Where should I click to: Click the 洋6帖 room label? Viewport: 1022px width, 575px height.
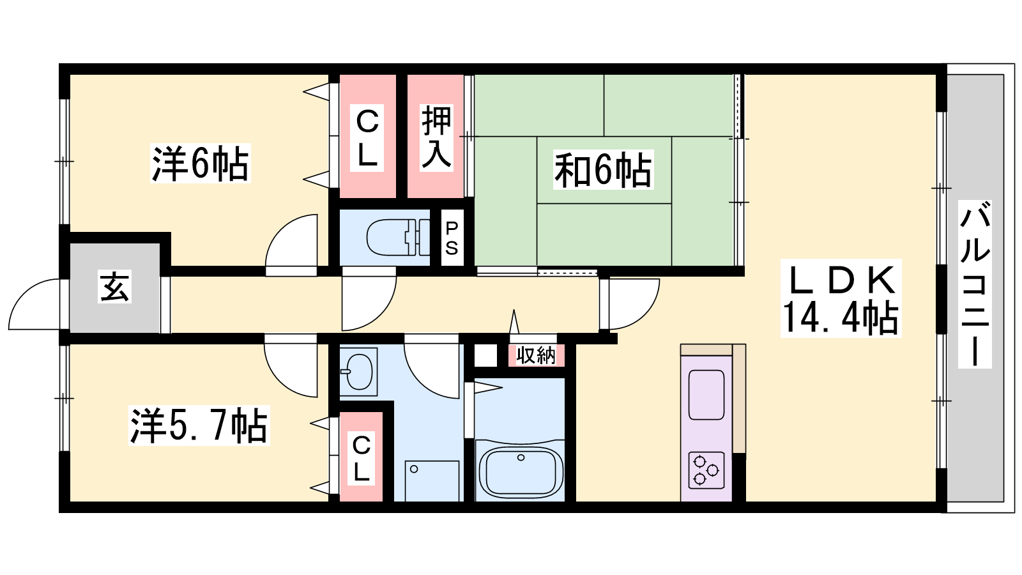[201, 164]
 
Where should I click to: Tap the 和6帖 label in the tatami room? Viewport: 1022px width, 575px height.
[603, 169]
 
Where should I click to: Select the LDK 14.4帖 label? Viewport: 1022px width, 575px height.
[841, 298]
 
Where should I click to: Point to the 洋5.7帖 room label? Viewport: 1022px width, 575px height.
[199, 425]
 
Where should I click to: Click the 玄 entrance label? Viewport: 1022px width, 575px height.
[114, 287]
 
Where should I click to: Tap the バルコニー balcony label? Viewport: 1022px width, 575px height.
[975, 284]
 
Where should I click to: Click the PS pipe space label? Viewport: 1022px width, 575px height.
[452, 238]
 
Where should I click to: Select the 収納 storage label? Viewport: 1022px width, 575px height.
[536, 355]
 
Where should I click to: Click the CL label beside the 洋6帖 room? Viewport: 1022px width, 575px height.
[367, 138]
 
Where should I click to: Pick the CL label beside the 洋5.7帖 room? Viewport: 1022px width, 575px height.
[362, 459]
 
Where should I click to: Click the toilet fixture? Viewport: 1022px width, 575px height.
[399, 237]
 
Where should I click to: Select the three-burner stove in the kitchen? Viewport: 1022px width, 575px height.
[706, 470]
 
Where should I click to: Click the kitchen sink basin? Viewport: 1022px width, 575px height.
[706, 395]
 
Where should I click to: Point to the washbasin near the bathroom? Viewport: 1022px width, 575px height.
[358, 371]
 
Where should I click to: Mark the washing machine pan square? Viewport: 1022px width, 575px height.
[432, 481]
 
